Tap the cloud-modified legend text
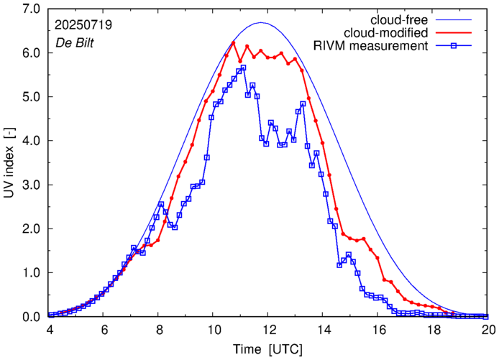387,33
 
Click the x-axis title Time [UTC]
267,349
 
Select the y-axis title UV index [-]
10,164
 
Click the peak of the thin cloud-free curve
261,23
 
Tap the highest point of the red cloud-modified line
234,42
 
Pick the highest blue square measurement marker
243,68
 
